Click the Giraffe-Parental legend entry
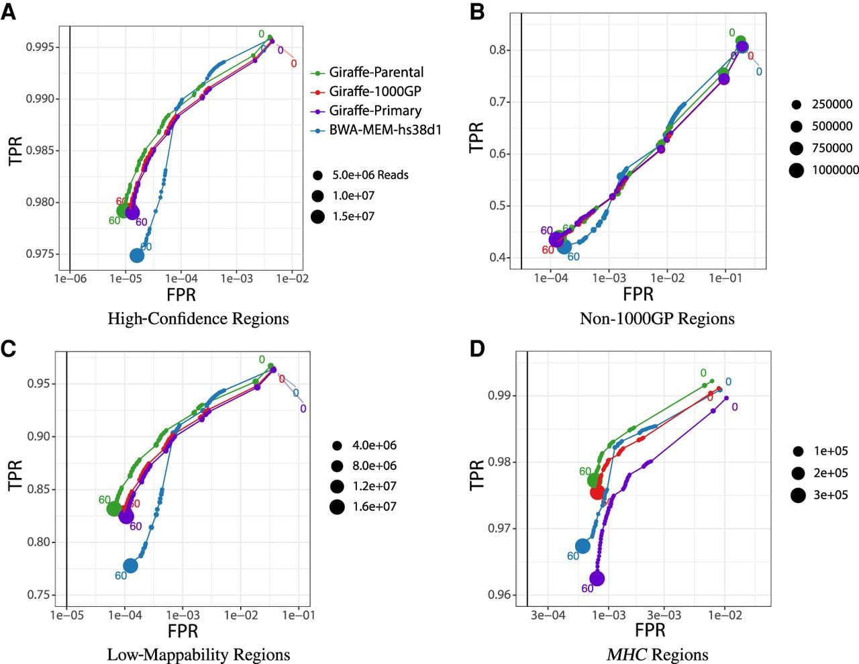pos(367,73)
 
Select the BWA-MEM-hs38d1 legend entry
pos(376,130)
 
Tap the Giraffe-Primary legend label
pos(376,111)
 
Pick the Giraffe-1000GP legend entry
pos(366,91)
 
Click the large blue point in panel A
pos(137,256)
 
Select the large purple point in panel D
pos(597,579)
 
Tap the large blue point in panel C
pos(130,566)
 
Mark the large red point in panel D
pos(597,492)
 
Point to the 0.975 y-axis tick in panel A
pos(40,254)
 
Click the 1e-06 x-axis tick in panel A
pos(70,279)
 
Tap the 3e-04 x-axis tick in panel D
pos(548,616)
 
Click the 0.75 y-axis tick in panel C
pos(40,595)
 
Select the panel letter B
pos(477,12)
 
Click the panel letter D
pos(477,349)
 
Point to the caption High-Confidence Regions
pos(199,319)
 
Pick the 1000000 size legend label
pos(836,170)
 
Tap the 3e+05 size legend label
pos(831,495)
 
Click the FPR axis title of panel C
pos(183,631)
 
